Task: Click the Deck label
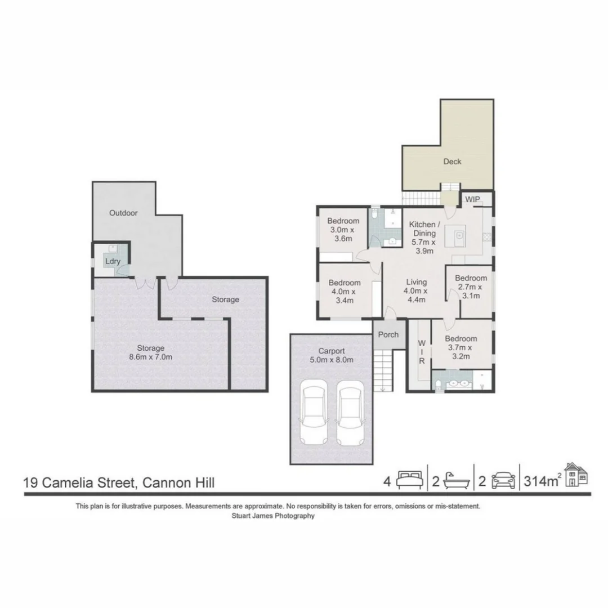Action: tap(452, 162)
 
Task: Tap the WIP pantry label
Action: tap(472, 200)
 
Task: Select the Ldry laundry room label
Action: tap(111, 261)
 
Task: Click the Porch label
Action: tap(388, 334)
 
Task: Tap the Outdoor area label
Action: tap(123, 213)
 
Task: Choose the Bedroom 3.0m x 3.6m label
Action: tap(343, 230)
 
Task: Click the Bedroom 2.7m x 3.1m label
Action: tap(471, 287)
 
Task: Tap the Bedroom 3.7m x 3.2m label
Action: tap(461, 347)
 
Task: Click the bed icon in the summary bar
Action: tap(409, 480)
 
